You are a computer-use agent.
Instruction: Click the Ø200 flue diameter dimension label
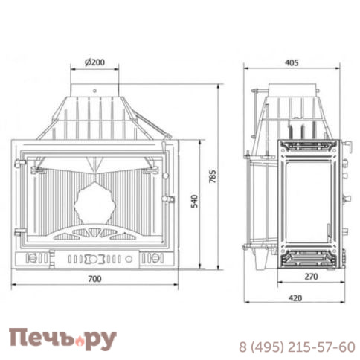[x=94, y=62]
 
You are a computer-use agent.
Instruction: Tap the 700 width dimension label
[x=94, y=279]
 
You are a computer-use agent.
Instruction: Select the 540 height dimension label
[x=195, y=201]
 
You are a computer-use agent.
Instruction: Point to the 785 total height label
[x=213, y=176]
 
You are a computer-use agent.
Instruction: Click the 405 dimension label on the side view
[x=292, y=62]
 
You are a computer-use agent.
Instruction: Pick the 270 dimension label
[x=311, y=276]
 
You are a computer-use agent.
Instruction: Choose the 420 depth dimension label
[x=295, y=298]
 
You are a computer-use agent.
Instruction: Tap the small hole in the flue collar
[x=94, y=91]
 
